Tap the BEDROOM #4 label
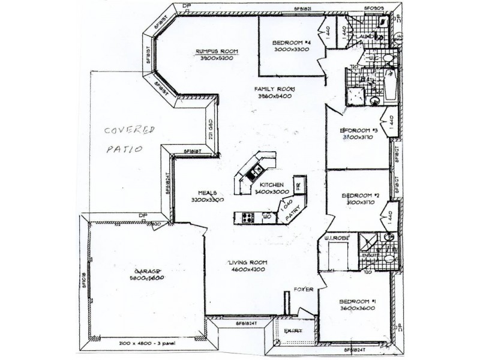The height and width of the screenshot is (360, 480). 291,43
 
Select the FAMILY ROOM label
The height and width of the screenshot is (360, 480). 277,89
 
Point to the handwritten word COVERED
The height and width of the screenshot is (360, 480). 129,130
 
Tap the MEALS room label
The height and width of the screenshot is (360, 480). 208,191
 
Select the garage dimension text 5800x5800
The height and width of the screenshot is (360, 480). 147,278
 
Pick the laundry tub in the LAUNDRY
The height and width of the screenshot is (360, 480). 382,24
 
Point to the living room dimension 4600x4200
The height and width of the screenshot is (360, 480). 247,271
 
